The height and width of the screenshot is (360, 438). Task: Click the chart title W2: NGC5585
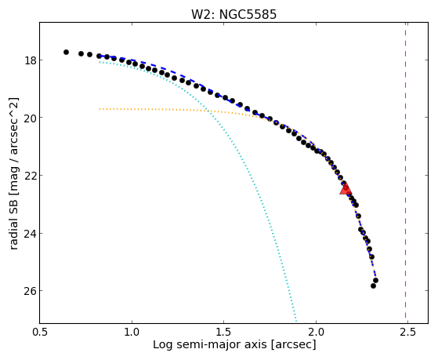(233, 14)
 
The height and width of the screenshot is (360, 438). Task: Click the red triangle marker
(346, 188)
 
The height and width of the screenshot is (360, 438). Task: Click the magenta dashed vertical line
(405, 173)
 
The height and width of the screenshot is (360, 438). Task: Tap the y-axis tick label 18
(31, 60)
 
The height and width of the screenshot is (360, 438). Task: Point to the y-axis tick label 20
(31, 118)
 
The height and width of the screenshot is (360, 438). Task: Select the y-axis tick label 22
(31, 176)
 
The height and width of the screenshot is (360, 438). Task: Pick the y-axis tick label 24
(31, 233)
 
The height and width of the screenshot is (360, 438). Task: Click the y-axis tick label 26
(31, 291)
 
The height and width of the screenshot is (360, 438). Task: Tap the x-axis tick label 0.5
(40, 332)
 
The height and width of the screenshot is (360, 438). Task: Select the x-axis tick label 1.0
(132, 332)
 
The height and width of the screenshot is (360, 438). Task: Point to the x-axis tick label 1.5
(224, 332)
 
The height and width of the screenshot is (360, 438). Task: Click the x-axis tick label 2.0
(316, 332)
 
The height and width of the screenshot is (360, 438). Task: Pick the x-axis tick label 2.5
(407, 332)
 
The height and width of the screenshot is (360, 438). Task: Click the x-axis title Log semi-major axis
(209, 344)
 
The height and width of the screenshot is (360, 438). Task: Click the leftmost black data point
(66, 52)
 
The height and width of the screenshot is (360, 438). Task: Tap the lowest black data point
(373, 285)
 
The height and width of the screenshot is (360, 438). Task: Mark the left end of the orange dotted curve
(100, 109)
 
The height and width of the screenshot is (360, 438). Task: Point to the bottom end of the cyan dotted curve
(296, 322)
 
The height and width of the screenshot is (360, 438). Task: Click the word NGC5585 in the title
(248, 14)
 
